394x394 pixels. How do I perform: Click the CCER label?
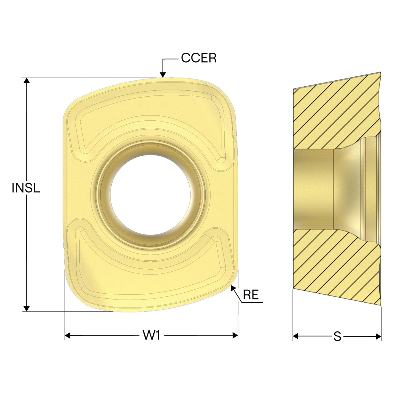(199, 58)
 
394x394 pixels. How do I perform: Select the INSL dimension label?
(26, 188)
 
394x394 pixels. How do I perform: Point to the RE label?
(251, 295)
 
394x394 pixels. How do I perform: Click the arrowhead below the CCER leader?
(163, 75)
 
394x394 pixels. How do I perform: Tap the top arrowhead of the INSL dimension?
(26, 80)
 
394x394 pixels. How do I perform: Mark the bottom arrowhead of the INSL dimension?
(26, 308)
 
